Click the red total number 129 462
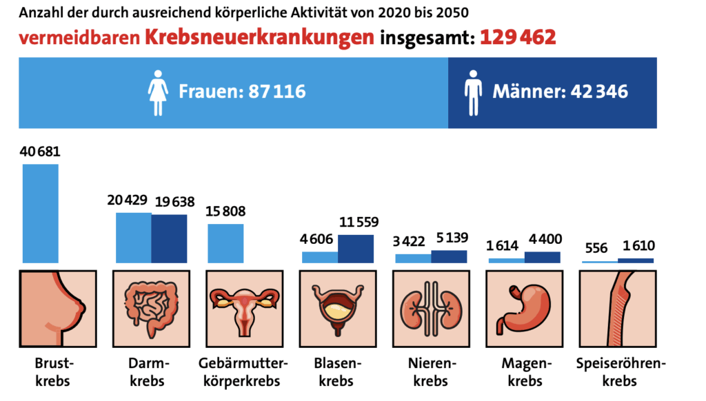pos(518,37)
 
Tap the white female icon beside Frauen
pos(158,92)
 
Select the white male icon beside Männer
pos(473,92)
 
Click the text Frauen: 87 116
pos(242,92)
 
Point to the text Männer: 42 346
pos(560,92)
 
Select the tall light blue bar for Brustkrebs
pos(41,214)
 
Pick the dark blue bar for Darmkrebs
pos(169,239)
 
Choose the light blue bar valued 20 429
pos(133,238)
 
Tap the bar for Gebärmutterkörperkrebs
pos(225,243)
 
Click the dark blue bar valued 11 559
pos(356,249)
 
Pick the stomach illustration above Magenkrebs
pos(524,309)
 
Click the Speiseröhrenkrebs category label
pos(616,372)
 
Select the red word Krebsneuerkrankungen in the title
pos(261,38)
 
